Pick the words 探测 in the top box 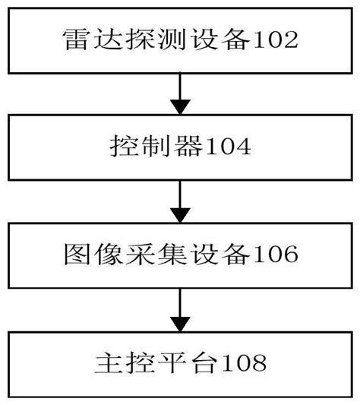pyautogui.click(x=139, y=39)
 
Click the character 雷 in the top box pyautogui.click(x=74, y=39)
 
